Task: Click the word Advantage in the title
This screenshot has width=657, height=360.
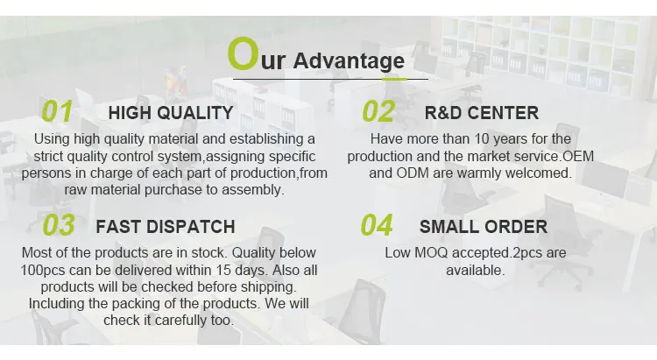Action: (x=349, y=60)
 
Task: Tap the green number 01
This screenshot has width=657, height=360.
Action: (x=57, y=111)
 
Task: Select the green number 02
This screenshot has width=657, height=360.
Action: (x=378, y=111)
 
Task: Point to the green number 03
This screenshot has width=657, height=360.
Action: (x=59, y=225)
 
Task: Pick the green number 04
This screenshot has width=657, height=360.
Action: (x=377, y=225)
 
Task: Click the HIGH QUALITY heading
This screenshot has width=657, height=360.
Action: (x=171, y=113)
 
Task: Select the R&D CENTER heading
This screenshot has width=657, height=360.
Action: (x=482, y=113)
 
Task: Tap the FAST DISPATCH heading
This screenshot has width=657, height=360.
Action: (x=166, y=227)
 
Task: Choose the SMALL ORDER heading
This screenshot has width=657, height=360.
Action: (x=484, y=227)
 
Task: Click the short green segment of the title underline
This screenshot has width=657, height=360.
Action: (x=394, y=79)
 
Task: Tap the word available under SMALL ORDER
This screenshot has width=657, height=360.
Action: (x=475, y=271)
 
